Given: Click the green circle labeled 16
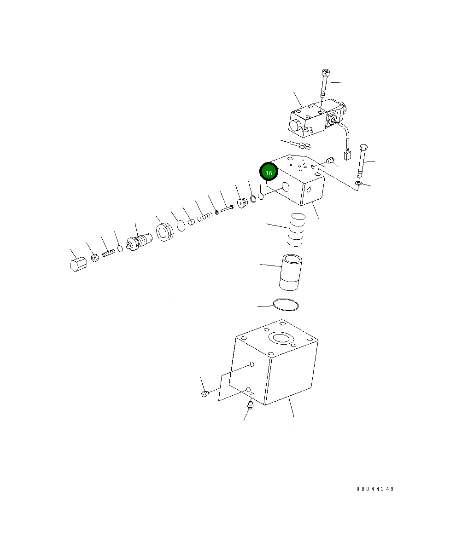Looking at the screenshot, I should point(269,173).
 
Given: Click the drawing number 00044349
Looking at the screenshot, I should point(375,489).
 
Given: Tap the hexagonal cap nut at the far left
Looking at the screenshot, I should point(78,265).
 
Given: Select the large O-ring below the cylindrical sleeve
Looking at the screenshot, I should point(286,305).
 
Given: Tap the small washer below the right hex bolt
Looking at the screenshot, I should point(359,184).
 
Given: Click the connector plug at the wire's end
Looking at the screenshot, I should point(348,155).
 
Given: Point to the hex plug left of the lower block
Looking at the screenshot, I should point(205,393).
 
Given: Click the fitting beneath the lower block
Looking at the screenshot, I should point(251,405).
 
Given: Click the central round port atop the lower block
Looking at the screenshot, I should point(281,338).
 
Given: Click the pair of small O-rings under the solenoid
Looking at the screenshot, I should point(304,146).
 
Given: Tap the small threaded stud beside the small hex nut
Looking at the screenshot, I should point(108,253).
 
